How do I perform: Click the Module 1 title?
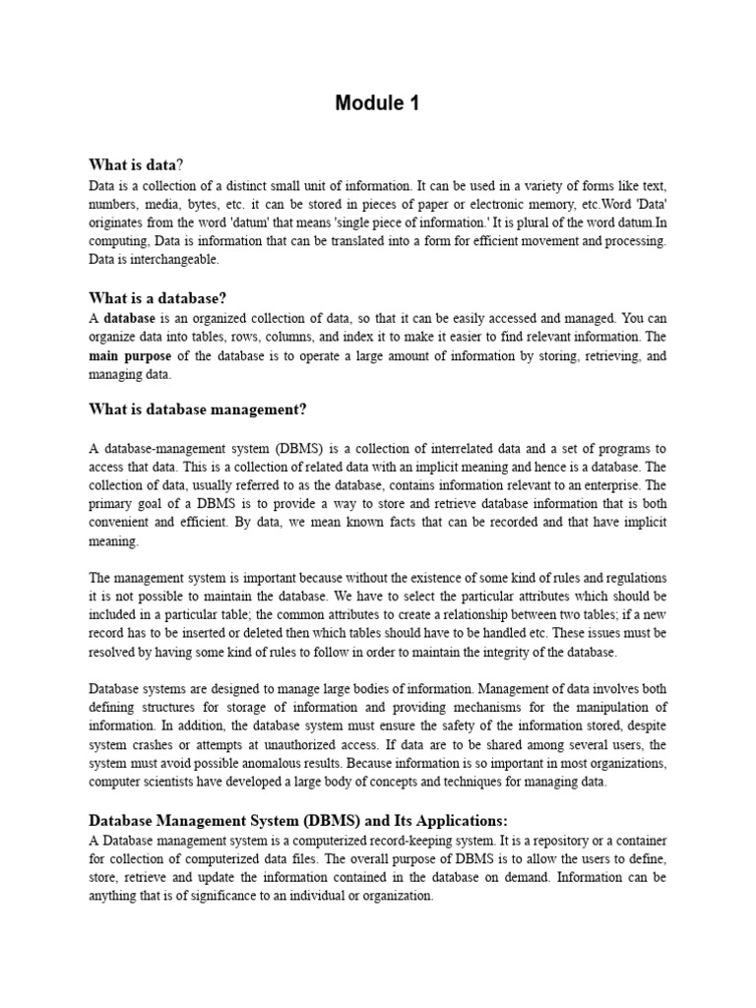click(377, 103)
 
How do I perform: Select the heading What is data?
click(136, 164)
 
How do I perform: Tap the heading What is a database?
click(157, 297)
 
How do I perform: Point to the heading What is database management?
click(198, 409)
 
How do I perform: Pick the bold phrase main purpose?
click(129, 355)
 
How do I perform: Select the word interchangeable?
click(168, 260)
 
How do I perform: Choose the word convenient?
click(121, 523)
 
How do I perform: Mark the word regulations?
click(631, 578)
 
